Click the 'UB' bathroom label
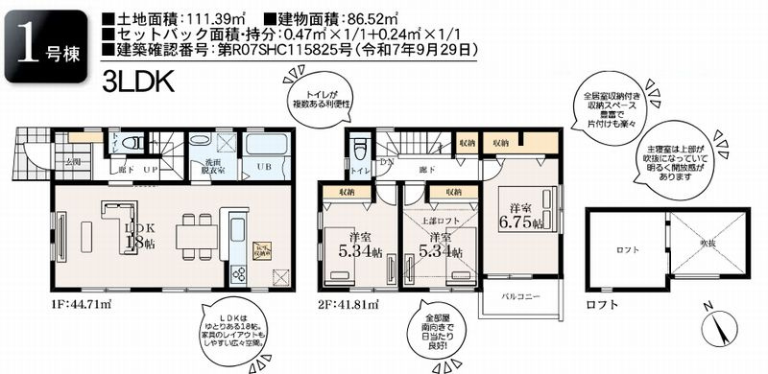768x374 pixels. tap(261, 167)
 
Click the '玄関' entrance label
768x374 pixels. tap(73, 164)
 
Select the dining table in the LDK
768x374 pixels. tap(192, 234)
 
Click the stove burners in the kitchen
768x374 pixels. tap(239, 273)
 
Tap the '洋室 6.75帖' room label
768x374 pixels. tap(522, 217)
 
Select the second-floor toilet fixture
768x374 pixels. tap(360, 149)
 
